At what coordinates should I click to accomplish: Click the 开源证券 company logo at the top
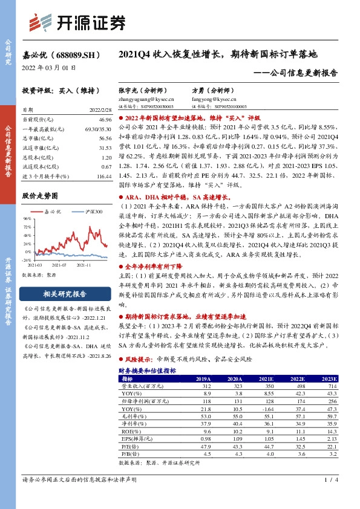(x=79, y=22)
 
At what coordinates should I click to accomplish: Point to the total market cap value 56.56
(x=106, y=138)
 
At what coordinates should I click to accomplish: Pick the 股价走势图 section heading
(x=40, y=196)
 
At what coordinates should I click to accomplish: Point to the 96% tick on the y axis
(x=27, y=219)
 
